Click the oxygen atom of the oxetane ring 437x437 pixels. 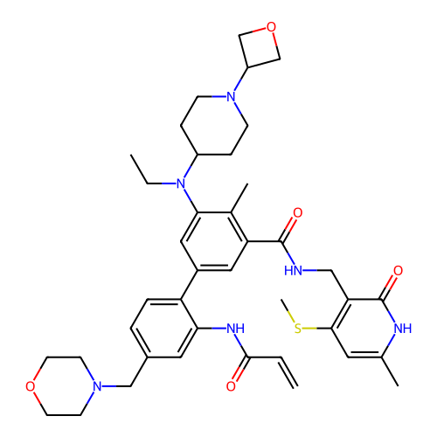(271, 27)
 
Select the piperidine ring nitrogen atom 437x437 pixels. (231, 96)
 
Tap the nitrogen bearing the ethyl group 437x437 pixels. (181, 184)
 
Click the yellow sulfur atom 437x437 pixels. (298, 329)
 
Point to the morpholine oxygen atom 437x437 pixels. (30, 386)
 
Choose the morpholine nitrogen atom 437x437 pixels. (97, 386)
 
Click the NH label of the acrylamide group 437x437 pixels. (235, 329)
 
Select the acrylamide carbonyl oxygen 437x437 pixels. (231, 386)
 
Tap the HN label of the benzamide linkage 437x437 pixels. (293, 271)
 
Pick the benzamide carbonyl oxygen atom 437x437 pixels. (298, 212)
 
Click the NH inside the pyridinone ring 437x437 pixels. (403, 329)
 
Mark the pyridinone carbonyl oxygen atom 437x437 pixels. (398, 271)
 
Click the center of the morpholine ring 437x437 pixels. (64, 386)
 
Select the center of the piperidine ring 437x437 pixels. (214, 126)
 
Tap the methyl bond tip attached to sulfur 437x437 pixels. (281, 300)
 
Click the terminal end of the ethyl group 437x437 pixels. (131, 155)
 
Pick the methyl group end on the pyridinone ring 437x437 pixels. (398, 386)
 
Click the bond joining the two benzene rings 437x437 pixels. (190, 285)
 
